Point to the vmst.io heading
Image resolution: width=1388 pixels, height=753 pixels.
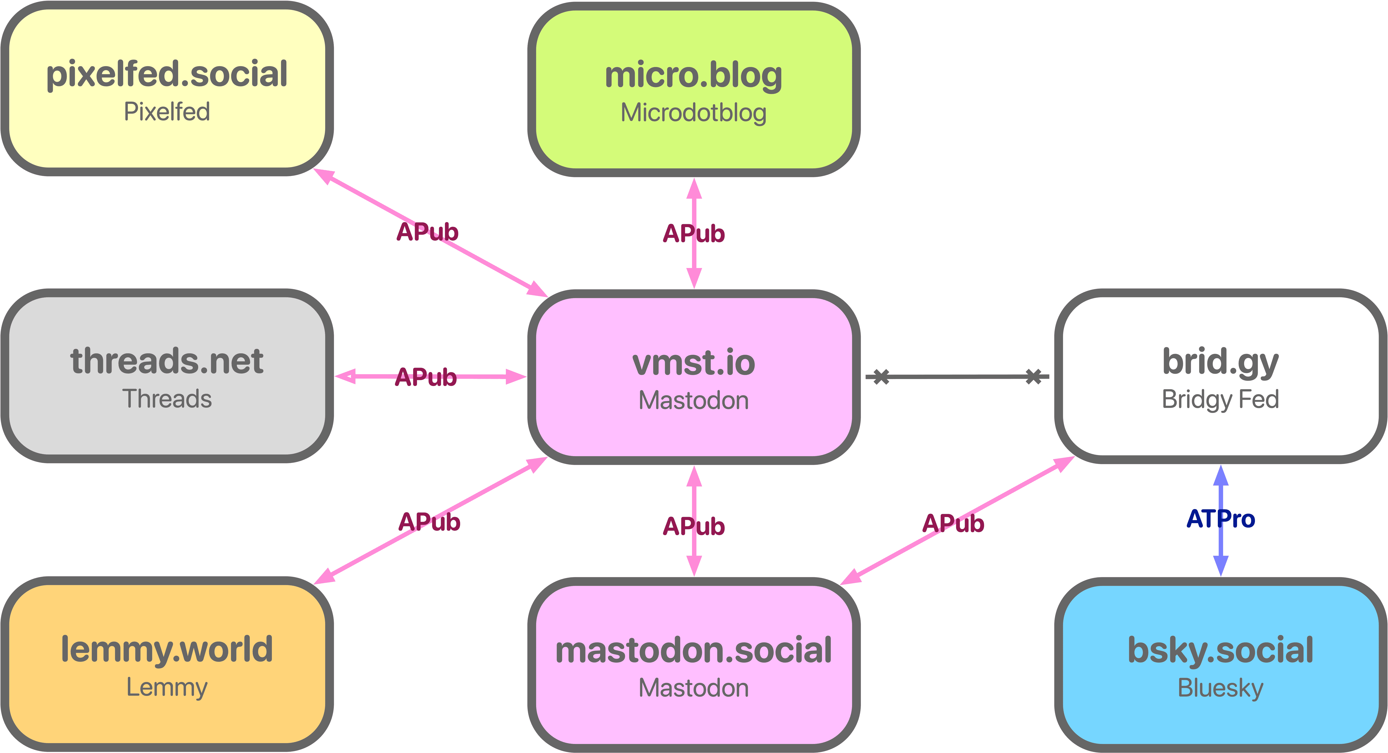[x=693, y=363]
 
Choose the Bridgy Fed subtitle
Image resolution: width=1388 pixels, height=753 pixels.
[x=1220, y=399]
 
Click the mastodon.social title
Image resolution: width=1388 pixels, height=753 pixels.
[x=693, y=651]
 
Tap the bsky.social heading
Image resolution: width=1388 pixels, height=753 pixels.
[x=1220, y=651]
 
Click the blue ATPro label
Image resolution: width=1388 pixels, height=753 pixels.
[x=1220, y=519]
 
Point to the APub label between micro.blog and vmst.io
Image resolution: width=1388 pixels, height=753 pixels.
[x=693, y=233]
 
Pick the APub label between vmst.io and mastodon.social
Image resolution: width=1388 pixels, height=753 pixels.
[x=693, y=526]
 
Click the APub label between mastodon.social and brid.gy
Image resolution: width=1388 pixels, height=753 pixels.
[x=953, y=523]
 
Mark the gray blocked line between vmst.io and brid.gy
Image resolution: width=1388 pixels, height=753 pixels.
[x=957, y=377]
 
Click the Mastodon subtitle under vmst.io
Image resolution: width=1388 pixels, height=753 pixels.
[x=693, y=401]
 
